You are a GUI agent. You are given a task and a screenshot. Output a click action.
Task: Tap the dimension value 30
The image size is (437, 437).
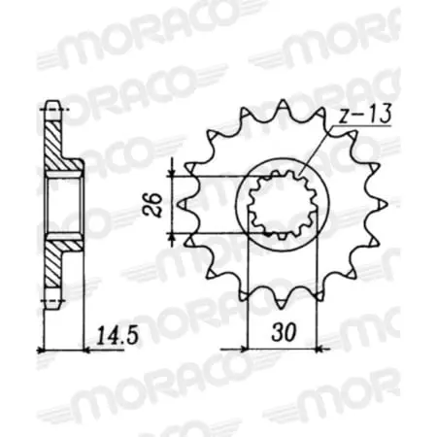click(x=284, y=331)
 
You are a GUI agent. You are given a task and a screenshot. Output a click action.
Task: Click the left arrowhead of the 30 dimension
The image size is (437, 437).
click(x=251, y=345)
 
